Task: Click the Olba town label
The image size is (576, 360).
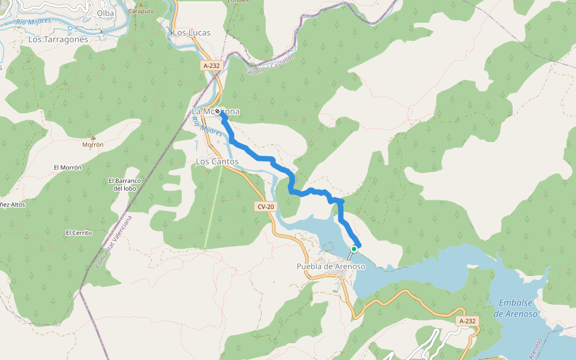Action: point(105,13)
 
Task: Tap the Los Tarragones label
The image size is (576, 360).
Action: point(58,40)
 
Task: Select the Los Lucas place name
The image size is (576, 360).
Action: point(191,32)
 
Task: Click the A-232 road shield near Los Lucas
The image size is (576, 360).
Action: point(213,66)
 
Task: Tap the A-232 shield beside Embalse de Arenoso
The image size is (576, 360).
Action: point(467,321)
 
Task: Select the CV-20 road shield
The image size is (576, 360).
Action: point(265,207)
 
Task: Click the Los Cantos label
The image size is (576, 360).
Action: point(217,162)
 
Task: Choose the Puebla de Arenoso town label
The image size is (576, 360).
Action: point(331,266)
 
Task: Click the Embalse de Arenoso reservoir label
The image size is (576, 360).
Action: point(515,309)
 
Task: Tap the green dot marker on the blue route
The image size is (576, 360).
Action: point(354,248)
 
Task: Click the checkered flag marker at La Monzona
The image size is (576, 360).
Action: point(218,112)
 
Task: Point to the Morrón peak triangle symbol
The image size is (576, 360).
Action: point(93,137)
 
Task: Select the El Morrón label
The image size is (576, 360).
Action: point(67,167)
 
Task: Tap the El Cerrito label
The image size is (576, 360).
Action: point(79,233)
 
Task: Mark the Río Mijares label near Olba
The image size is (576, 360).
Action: point(34,22)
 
